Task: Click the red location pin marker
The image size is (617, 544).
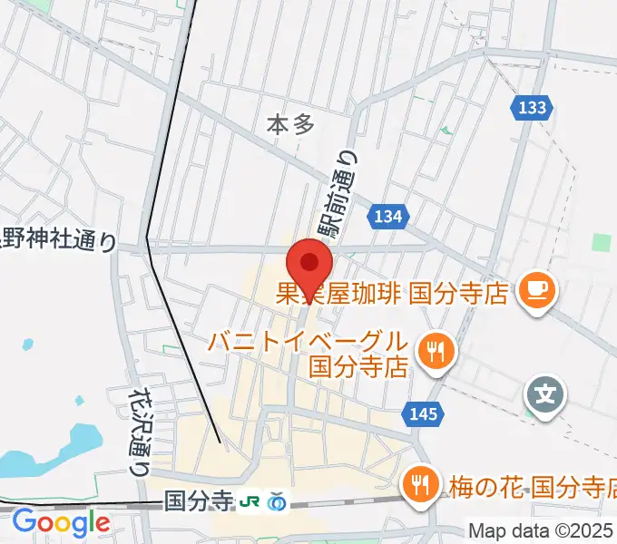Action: tap(309, 266)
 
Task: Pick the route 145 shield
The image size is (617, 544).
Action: tap(426, 413)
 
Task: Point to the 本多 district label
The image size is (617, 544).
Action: tap(290, 124)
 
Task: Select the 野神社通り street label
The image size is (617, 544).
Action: tap(58, 240)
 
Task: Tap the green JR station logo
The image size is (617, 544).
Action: tap(252, 501)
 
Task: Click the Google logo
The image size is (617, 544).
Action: tap(60, 523)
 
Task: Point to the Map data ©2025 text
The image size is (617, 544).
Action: tap(540, 529)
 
